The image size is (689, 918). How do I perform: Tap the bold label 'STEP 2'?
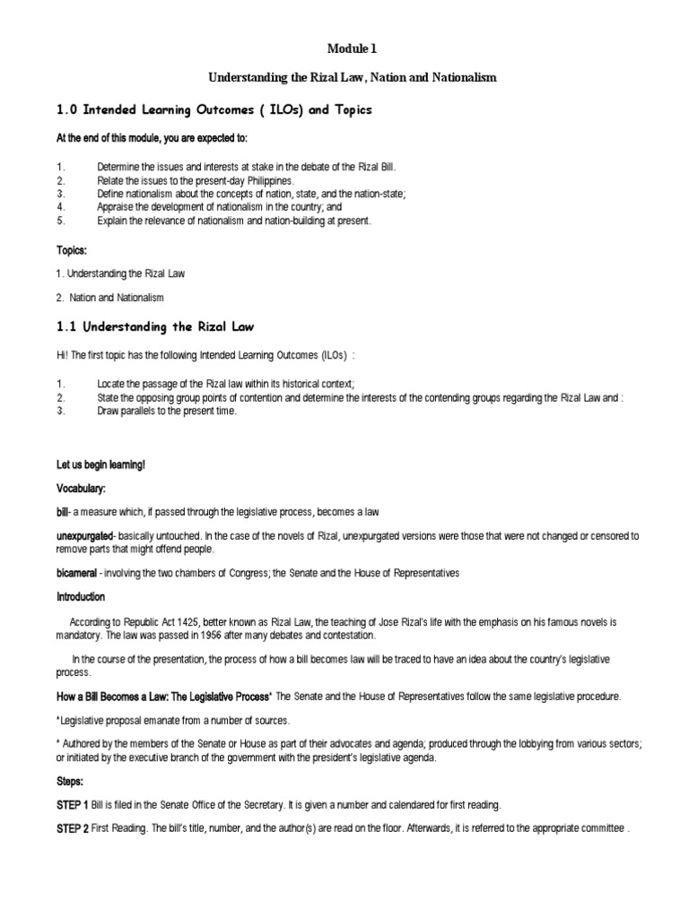(x=72, y=827)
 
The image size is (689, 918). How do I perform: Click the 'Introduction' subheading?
(x=80, y=596)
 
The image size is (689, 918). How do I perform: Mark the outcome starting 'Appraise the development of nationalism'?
(x=224, y=205)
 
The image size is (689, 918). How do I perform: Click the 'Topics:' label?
(x=71, y=251)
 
